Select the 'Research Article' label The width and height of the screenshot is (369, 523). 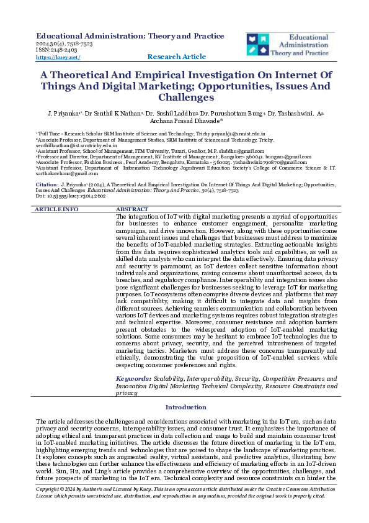(177, 57)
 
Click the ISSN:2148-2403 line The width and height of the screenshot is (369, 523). (53, 50)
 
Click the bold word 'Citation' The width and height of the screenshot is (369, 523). (47, 185)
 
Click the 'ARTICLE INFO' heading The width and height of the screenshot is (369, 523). (56, 209)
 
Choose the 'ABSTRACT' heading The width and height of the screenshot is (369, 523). (132, 209)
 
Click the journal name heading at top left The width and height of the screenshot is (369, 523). (130, 36)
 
